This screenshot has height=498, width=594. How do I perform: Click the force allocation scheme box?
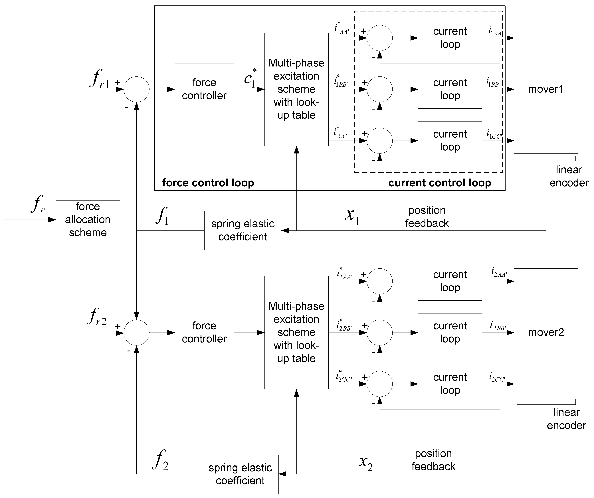click(88, 220)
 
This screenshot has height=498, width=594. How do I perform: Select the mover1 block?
click(546, 89)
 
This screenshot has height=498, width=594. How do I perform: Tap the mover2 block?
click(546, 332)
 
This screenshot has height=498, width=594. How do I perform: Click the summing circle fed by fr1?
click(136, 89)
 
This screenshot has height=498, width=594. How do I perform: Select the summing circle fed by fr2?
click(136, 333)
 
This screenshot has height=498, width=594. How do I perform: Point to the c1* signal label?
click(250, 78)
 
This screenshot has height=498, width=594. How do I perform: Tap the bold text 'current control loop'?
click(440, 183)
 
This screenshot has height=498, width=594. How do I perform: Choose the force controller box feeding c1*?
click(204, 89)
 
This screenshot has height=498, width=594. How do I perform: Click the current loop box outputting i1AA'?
click(450, 38)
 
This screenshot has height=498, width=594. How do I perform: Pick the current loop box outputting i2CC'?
click(450, 384)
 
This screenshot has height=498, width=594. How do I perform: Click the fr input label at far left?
click(37, 204)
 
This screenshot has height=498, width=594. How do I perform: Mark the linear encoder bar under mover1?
click(546, 159)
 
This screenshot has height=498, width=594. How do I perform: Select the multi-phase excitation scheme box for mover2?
click(296, 332)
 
